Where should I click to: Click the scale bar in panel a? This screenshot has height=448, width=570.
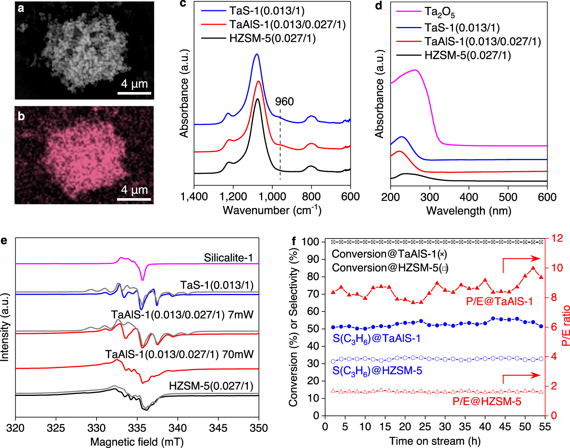[x=134, y=93]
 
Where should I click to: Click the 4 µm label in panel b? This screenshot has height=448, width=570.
[x=134, y=189]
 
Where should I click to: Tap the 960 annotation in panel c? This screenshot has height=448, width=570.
[x=284, y=102]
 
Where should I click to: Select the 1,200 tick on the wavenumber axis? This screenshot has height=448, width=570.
[x=233, y=197]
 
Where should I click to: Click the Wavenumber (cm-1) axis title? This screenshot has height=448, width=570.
[x=272, y=210]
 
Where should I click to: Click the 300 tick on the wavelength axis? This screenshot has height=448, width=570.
[x=430, y=197]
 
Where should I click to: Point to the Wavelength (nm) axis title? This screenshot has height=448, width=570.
[x=469, y=211]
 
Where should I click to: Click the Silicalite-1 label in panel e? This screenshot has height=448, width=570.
[x=228, y=258]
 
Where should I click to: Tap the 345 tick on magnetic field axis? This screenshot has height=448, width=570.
[x=218, y=428]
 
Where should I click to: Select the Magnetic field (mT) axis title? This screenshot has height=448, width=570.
[x=137, y=442]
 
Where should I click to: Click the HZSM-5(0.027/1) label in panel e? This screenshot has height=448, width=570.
[x=211, y=386]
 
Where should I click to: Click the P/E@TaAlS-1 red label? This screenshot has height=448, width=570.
[x=499, y=302]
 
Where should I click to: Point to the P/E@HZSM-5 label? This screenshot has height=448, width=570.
[x=487, y=402]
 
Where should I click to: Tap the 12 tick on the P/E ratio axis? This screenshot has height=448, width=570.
[x=557, y=238]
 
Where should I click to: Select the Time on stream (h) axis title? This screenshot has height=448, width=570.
[x=435, y=441]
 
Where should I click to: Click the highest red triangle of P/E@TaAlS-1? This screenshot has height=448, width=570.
[x=533, y=268]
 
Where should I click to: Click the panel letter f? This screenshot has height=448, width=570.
[x=294, y=241]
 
